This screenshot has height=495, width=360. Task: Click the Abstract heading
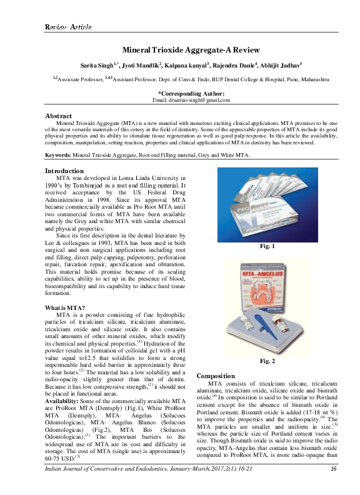pyautogui.click(x=59, y=116)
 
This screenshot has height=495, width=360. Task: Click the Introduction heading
pyautogui.click(x=64, y=171)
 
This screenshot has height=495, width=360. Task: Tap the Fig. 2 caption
pyautogui.click(x=267, y=361)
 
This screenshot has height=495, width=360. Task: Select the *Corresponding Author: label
pyautogui.click(x=191, y=92)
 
